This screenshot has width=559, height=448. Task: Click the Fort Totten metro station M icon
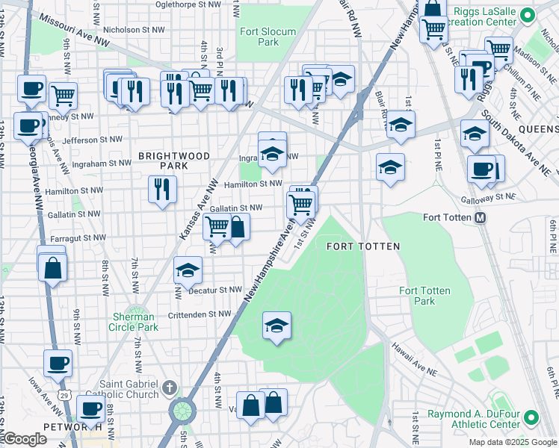pos(481,218)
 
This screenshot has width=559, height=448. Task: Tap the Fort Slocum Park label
pos(268,37)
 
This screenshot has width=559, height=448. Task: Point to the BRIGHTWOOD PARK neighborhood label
pos(163,160)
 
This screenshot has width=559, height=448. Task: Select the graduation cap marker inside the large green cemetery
pos(277,326)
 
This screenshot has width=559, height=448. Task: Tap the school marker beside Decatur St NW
pos(188,271)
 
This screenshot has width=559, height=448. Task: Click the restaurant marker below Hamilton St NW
pos(162,190)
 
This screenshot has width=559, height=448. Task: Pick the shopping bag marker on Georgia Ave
pos(52,267)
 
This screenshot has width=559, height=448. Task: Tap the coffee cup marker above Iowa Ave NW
pos(58,364)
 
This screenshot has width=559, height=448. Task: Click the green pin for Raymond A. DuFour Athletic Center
pos(531,417)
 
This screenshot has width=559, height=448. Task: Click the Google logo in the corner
pos(25,439)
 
